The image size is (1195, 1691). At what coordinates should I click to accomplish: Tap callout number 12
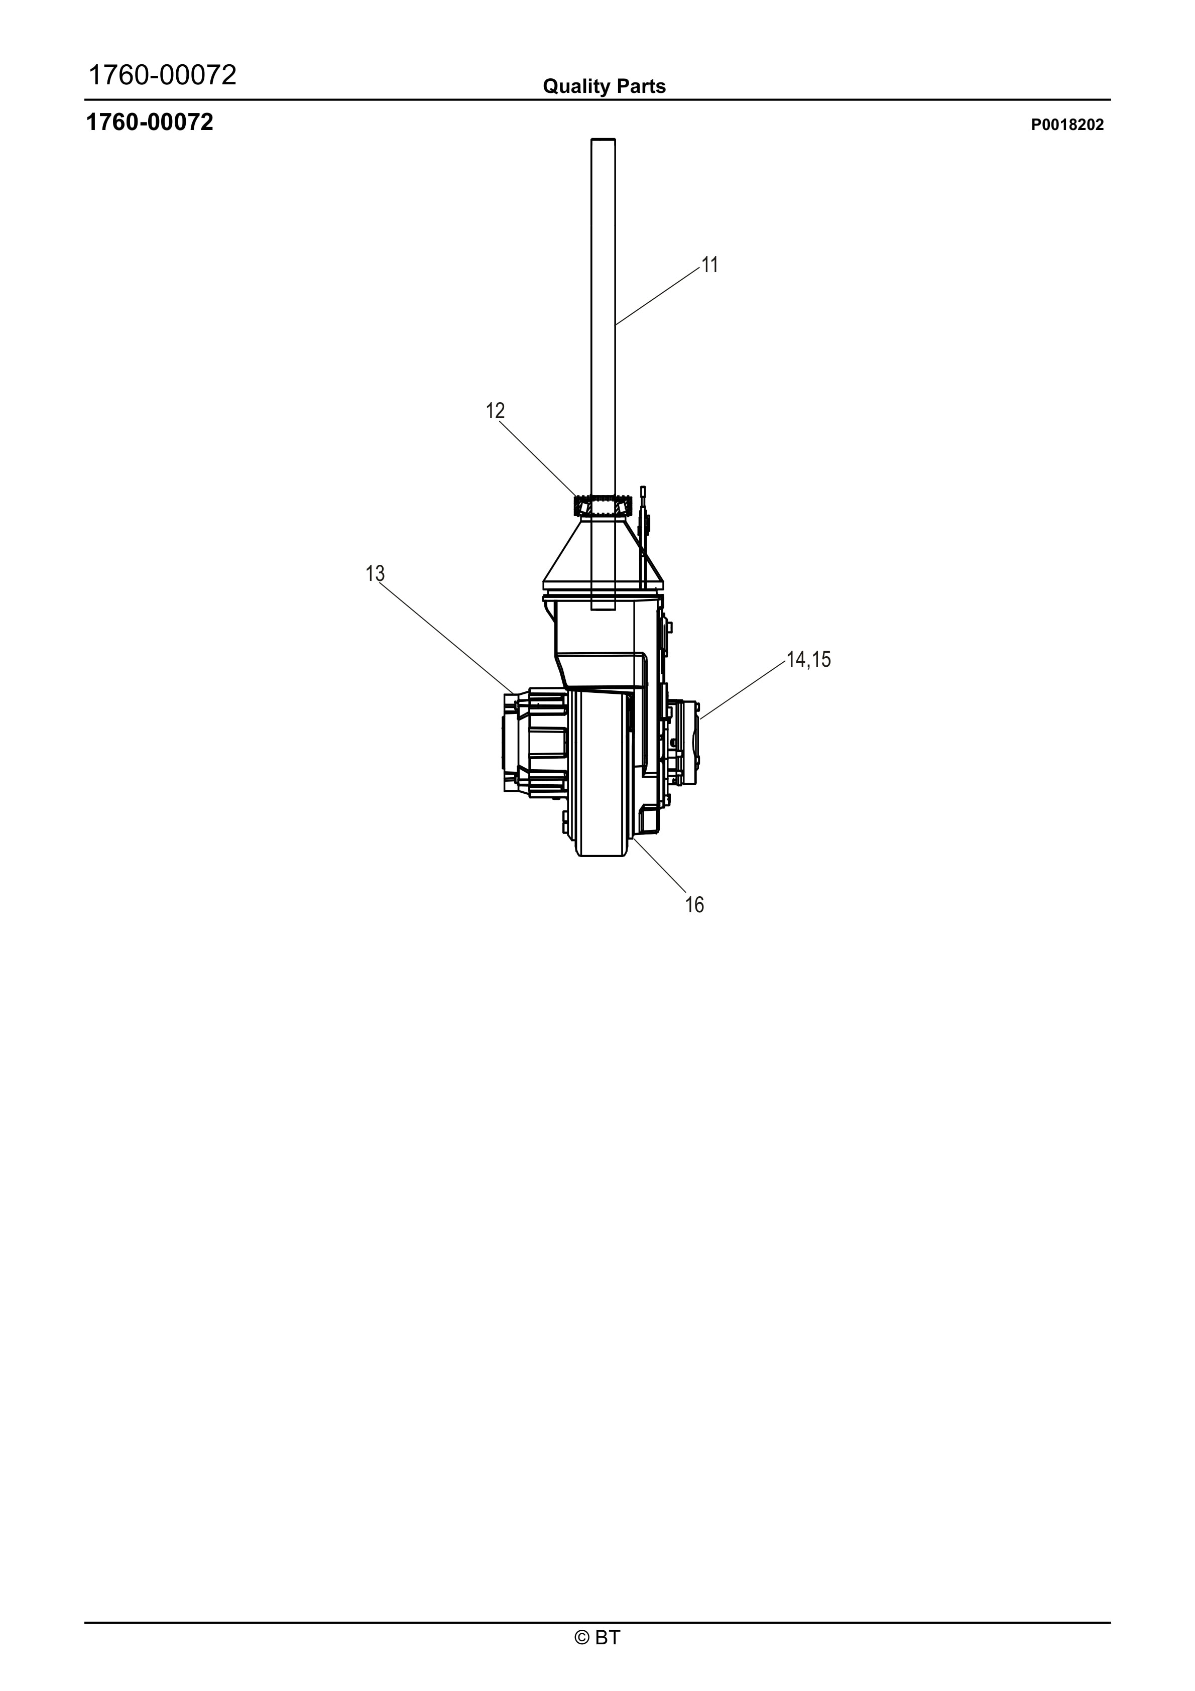click(x=495, y=411)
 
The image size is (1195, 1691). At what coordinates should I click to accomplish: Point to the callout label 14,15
click(x=808, y=660)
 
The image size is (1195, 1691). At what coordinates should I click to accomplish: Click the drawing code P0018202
click(x=1067, y=125)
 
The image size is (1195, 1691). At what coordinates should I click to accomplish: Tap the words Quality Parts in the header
click(x=604, y=87)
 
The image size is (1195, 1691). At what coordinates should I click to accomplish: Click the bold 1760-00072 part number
click(x=150, y=123)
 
